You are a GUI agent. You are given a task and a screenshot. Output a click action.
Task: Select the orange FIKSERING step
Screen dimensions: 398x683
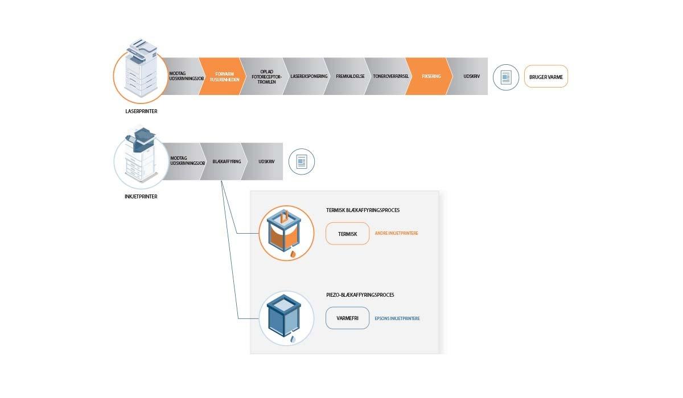(x=428, y=76)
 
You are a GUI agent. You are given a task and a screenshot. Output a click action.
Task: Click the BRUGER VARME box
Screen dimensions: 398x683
(x=546, y=76)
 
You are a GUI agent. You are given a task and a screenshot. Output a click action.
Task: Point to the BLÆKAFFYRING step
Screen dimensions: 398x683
(x=225, y=161)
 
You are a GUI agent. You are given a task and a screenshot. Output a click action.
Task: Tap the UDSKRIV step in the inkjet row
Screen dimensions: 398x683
(x=266, y=161)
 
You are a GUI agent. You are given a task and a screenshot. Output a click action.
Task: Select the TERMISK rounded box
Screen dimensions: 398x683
(x=347, y=234)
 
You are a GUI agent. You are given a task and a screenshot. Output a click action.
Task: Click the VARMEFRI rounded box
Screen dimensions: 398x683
(x=347, y=318)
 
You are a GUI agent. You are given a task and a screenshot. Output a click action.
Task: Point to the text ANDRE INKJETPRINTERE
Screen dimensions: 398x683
(x=396, y=234)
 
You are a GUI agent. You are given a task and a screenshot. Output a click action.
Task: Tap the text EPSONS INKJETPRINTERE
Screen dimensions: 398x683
(x=397, y=318)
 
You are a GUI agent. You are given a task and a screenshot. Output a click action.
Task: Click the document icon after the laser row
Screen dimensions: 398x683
(x=505, y=77)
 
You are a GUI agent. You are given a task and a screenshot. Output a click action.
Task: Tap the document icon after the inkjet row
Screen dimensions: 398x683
(x=302, y=162)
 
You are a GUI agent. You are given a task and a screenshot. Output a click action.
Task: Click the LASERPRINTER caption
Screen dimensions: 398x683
(x=141, y=111)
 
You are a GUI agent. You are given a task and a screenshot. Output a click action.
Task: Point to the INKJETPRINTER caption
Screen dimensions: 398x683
(x=141, y=197)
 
